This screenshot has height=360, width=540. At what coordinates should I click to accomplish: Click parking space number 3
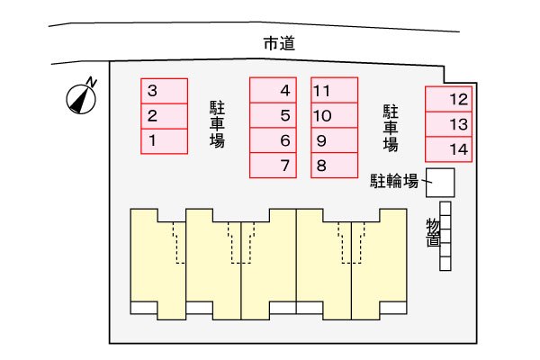[x=165, y=91]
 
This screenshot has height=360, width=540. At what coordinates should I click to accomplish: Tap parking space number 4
[x=273, y=90]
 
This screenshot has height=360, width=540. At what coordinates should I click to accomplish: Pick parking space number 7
[x=273, y=166]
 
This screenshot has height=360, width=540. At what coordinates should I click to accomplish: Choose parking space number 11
[x=335, y=90]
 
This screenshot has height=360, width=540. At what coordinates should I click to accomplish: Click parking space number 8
[x=335, y=166]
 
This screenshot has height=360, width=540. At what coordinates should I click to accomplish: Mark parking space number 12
[x=448, y=99]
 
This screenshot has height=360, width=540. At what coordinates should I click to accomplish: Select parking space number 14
[x=448, y=149]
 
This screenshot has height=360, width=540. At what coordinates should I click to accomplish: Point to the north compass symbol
[x=81, y=98]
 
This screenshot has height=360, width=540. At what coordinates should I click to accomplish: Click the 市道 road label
[x=279, y=44]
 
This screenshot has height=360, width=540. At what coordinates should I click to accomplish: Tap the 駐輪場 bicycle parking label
[x=394, y=181]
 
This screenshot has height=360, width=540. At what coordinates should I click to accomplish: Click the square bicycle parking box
[x=440, y=183]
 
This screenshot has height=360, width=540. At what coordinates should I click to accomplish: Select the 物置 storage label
[x=433, y=232]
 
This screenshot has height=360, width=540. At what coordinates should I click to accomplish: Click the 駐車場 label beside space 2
[x=217, y=125]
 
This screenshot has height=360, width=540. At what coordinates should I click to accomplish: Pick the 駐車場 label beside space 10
[x=391, y=128]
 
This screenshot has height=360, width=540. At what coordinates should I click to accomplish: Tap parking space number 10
[x=335, y=115]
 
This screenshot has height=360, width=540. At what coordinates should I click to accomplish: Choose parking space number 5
[x=273, y=115]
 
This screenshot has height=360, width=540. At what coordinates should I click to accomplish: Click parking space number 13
[x=448, y=124]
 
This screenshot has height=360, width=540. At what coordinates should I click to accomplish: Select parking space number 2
[x=165, y=116]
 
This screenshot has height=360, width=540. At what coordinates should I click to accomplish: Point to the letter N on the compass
[x=91, y=82]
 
